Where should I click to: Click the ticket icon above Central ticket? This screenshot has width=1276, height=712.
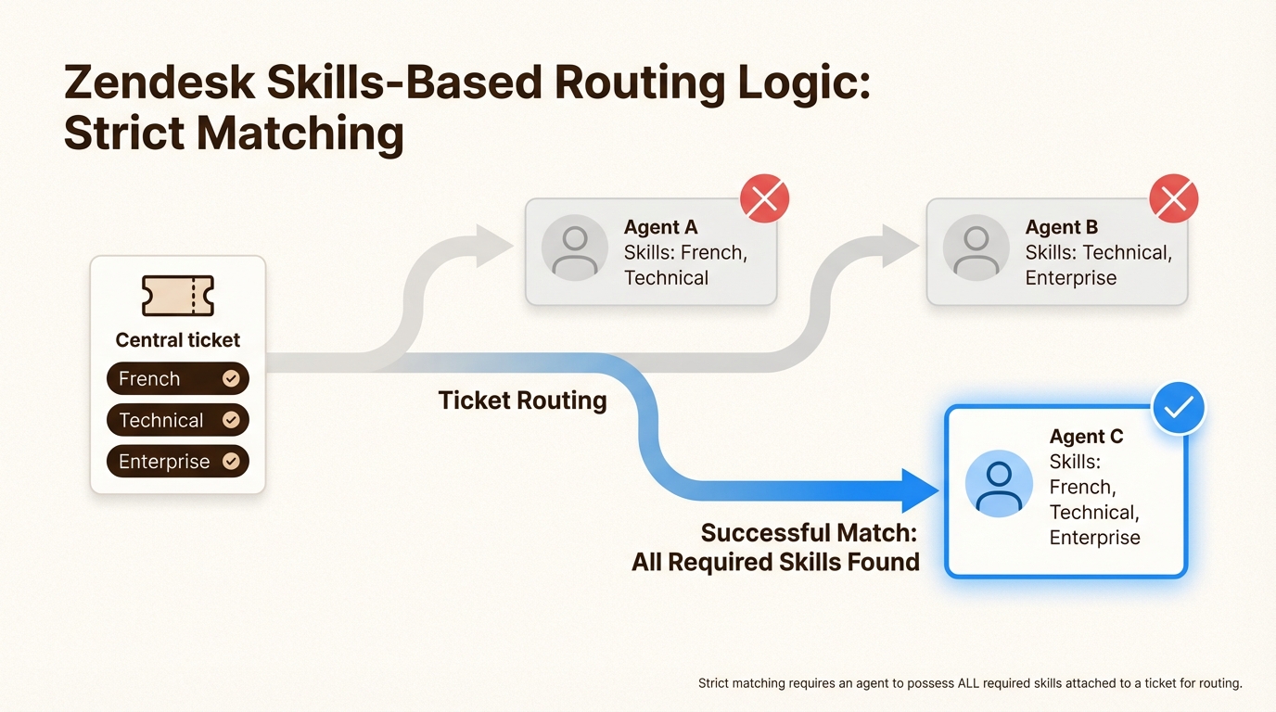coord(178,296)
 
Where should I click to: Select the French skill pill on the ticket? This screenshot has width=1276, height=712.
coord(177,378)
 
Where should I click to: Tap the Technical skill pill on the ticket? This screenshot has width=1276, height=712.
coord(177,420)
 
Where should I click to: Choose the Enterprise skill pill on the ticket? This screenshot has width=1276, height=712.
coord(177,462)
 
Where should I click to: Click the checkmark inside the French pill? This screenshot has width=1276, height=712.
coord(231,378)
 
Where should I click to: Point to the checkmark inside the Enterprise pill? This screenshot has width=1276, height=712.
coord(231,462)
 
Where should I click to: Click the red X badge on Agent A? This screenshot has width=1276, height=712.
coord(764,198)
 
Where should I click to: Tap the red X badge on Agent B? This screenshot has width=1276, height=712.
coord(1173,198)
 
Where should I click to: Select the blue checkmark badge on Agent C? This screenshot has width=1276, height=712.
coord(1178,408)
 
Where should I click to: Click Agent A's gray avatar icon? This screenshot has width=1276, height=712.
coord(575,248)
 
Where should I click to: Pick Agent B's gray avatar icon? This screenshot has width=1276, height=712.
coord(976,248)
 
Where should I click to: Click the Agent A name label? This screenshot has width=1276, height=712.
coord(660,227)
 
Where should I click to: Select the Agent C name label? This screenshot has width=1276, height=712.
coord(1086,437)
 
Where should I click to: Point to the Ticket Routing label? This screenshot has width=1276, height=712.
coord(522,400)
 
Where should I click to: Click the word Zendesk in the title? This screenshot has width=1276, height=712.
coord(158,83)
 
